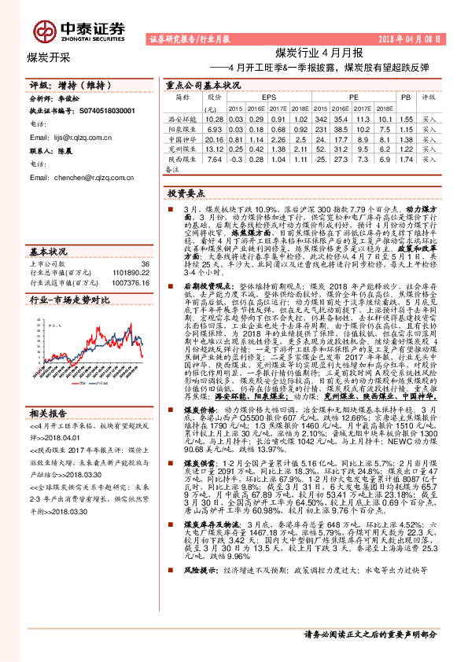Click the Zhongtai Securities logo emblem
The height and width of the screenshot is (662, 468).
click(43, 31)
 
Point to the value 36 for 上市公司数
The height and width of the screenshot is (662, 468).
click(144, 264)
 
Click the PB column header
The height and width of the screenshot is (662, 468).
click(406, 97)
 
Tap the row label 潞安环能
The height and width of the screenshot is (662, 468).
click(183, 118)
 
